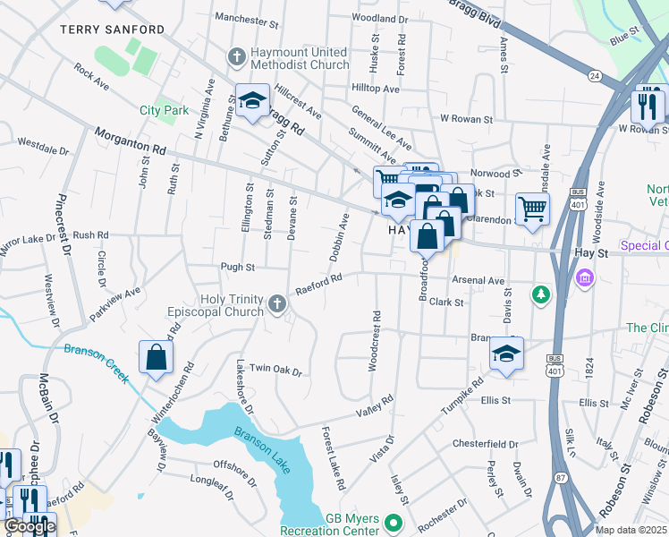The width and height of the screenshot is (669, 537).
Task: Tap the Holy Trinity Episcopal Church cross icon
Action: point(277,306)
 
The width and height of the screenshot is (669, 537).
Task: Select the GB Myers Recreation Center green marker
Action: point(391,522)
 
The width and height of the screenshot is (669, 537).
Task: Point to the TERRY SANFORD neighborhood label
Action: point(112,30)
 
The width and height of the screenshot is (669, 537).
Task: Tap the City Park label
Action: point(164,111)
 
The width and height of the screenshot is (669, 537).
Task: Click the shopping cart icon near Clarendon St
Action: point(532,209)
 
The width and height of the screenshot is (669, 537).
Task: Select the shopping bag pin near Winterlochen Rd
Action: point(157,357)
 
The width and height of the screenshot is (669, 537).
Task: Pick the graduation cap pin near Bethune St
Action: point(253,100)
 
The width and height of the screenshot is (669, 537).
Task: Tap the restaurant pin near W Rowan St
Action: point(648,106)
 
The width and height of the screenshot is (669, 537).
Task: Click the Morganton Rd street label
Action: point(130,142)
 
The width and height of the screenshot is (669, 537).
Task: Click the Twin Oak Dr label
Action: point(275,370)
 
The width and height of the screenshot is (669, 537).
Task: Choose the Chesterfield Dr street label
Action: point(486,444)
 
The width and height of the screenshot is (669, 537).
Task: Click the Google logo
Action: point(30,526)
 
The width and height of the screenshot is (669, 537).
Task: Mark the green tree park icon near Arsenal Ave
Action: point(540,294)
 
